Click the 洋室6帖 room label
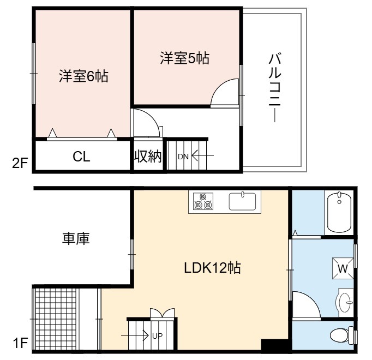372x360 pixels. [83, 76]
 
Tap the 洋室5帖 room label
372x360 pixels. [184, 58]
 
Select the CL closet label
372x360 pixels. [81, 157]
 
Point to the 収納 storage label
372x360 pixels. [148, 156]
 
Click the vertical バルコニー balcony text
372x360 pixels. [275, 88]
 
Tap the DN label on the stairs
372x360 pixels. [183, 157]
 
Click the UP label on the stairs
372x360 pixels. [157, 336]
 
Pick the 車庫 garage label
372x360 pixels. [76, 238]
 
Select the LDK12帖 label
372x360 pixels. [213, 268]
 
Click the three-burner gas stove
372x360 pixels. [203, 201]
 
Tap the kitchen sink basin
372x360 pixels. [242, 201]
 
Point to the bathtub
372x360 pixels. [339, 213]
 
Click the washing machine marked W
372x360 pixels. [343, 268]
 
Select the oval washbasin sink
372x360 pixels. [345, 302]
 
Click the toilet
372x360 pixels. [341, 335]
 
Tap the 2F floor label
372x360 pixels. [20, 163]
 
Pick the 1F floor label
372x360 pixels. [20, 343]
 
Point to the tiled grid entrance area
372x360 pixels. [56, 319]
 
